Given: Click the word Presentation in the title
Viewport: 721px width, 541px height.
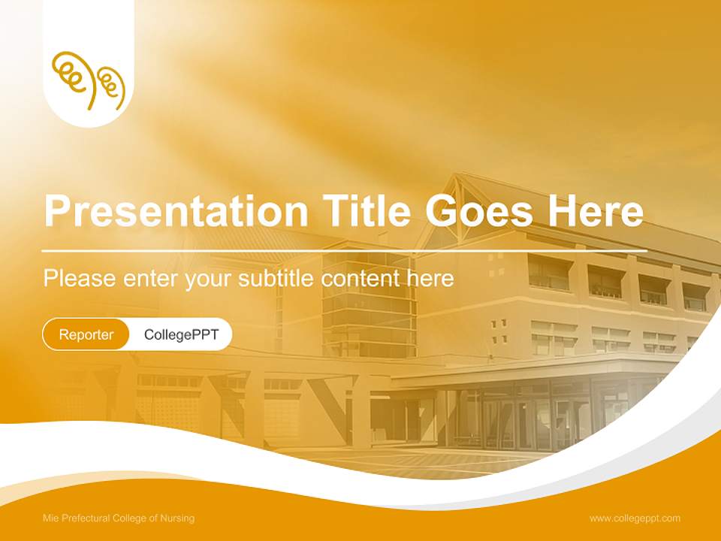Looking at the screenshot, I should coord(175,213).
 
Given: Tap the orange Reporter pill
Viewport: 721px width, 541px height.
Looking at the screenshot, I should coord(86,334).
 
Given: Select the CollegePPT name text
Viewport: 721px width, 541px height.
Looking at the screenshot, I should coord(181,334).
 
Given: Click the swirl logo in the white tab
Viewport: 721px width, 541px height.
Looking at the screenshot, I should coord(88,80).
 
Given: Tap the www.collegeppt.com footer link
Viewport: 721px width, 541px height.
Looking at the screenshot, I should coord(635,518).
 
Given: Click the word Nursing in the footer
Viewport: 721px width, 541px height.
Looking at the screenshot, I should coord(177,518).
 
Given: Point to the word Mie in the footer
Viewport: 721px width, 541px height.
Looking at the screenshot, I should coord(50,518).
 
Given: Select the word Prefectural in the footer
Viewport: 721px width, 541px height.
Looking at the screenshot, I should coord(84,518).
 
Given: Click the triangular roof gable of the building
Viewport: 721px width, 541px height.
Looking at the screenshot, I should coord(455,207).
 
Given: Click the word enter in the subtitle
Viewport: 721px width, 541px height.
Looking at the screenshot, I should coord(150,279).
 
